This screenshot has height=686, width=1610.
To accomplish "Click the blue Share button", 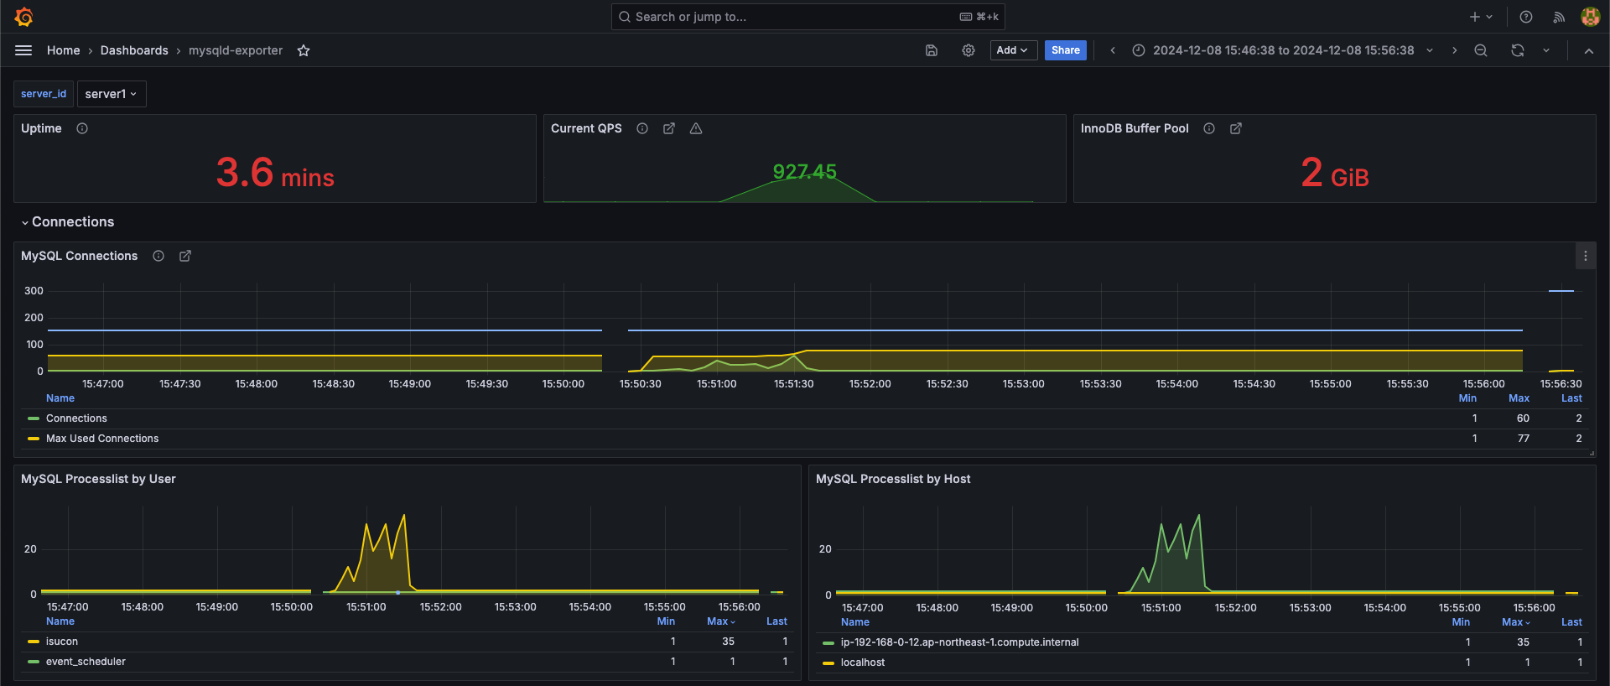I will click(1065, 50).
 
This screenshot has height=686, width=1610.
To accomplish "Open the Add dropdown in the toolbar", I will click(1013, 50).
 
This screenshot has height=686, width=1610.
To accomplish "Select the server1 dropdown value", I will click(111, 94).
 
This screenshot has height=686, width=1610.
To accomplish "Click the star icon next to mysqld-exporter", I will click(304, 51).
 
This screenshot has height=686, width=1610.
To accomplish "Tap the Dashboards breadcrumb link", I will click(134, 50).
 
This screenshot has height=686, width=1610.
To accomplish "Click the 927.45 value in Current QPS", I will click(804, 172).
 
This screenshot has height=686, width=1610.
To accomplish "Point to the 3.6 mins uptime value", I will click(274, 174).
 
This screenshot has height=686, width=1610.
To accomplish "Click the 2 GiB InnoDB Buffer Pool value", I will click(1334, 174).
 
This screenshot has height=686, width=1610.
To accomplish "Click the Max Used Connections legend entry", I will click(101, 439).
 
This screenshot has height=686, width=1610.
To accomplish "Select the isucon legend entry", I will click(61, 642).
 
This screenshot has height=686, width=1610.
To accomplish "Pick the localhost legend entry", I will click(862, 663).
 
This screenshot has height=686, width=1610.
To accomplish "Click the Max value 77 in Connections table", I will click(1523, 439).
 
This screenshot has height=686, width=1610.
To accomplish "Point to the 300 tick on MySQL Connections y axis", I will click(34, 291).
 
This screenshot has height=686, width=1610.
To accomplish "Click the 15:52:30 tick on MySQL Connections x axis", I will click(947, 384).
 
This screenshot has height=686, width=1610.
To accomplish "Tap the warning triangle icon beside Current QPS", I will click(696, 128).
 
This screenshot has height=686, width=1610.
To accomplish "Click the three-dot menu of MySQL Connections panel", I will click(1585, 256).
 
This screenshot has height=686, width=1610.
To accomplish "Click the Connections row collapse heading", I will click(72, 222).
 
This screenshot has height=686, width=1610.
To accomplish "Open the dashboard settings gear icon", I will click(968, 50).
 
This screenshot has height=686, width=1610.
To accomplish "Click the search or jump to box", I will click(808, 17).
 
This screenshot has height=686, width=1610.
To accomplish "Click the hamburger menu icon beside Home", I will click(23, 50).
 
